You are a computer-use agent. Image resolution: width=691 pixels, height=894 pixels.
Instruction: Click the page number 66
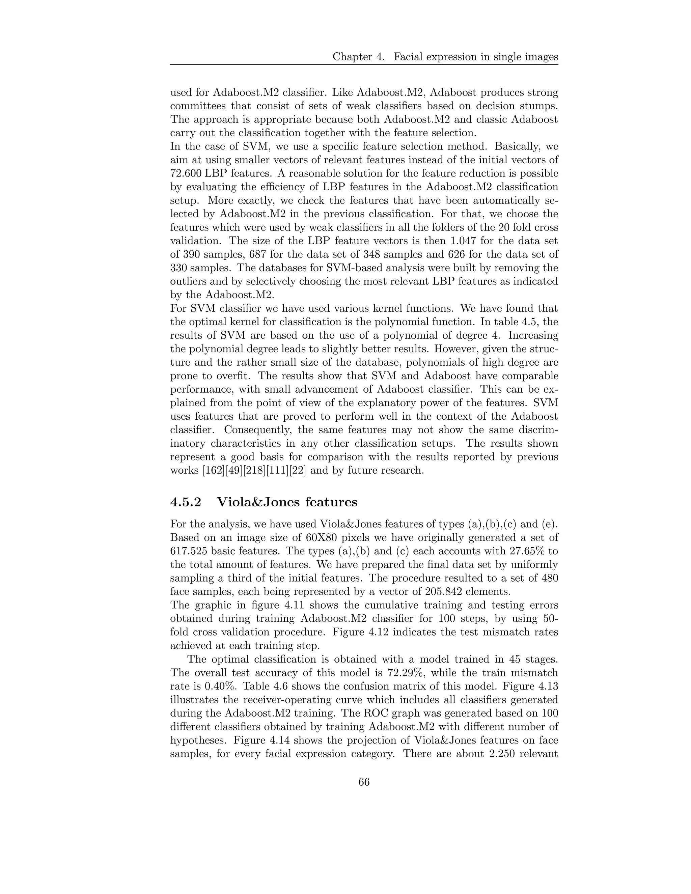pyautogui.click(x=364, y=782)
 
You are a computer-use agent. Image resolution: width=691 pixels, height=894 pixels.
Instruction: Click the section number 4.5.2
pyautogui.click(x=186, y=502)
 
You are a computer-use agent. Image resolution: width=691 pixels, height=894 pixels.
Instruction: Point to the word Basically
pyautogui.click(x=524, y=146)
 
